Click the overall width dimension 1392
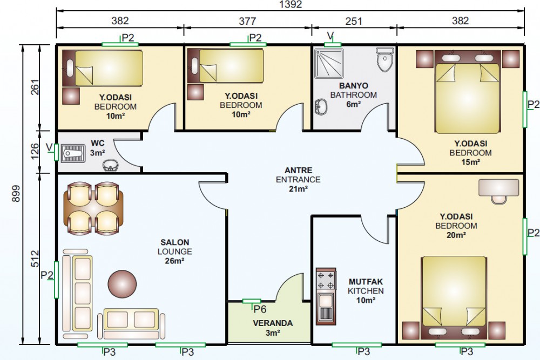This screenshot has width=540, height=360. (291, 4)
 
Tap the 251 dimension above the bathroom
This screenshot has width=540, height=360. (354, 22)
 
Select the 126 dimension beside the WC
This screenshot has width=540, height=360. (35, 152)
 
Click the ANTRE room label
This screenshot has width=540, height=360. (298, 171)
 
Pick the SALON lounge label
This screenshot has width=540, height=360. (174, 242)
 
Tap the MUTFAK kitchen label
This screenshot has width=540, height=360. (366, 282)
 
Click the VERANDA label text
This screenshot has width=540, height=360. (273, 323)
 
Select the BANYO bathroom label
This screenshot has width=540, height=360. (353, 86)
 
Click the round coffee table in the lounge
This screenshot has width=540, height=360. (122, 284)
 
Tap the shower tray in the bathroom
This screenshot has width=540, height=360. (329, 63)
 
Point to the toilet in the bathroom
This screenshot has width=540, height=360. (384, 59)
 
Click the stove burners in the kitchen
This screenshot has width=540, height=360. (326, 281)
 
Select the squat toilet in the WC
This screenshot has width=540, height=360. (73, 153)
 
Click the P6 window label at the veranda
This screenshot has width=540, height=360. (260, 309)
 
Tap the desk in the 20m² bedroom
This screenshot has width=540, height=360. (498, 188)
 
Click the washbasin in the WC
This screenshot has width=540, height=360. (110, 166)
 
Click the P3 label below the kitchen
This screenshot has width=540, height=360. (363, 352)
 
